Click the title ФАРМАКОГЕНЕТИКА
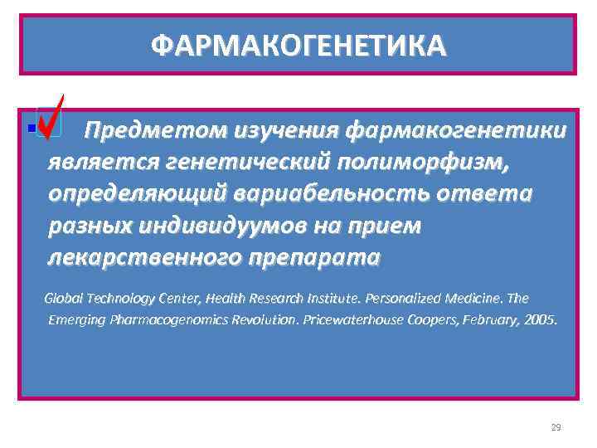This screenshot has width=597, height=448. (298, 44)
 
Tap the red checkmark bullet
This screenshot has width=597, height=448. (52, 118)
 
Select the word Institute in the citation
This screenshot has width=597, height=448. (315, 298)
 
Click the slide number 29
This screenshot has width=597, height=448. (556, 427)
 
